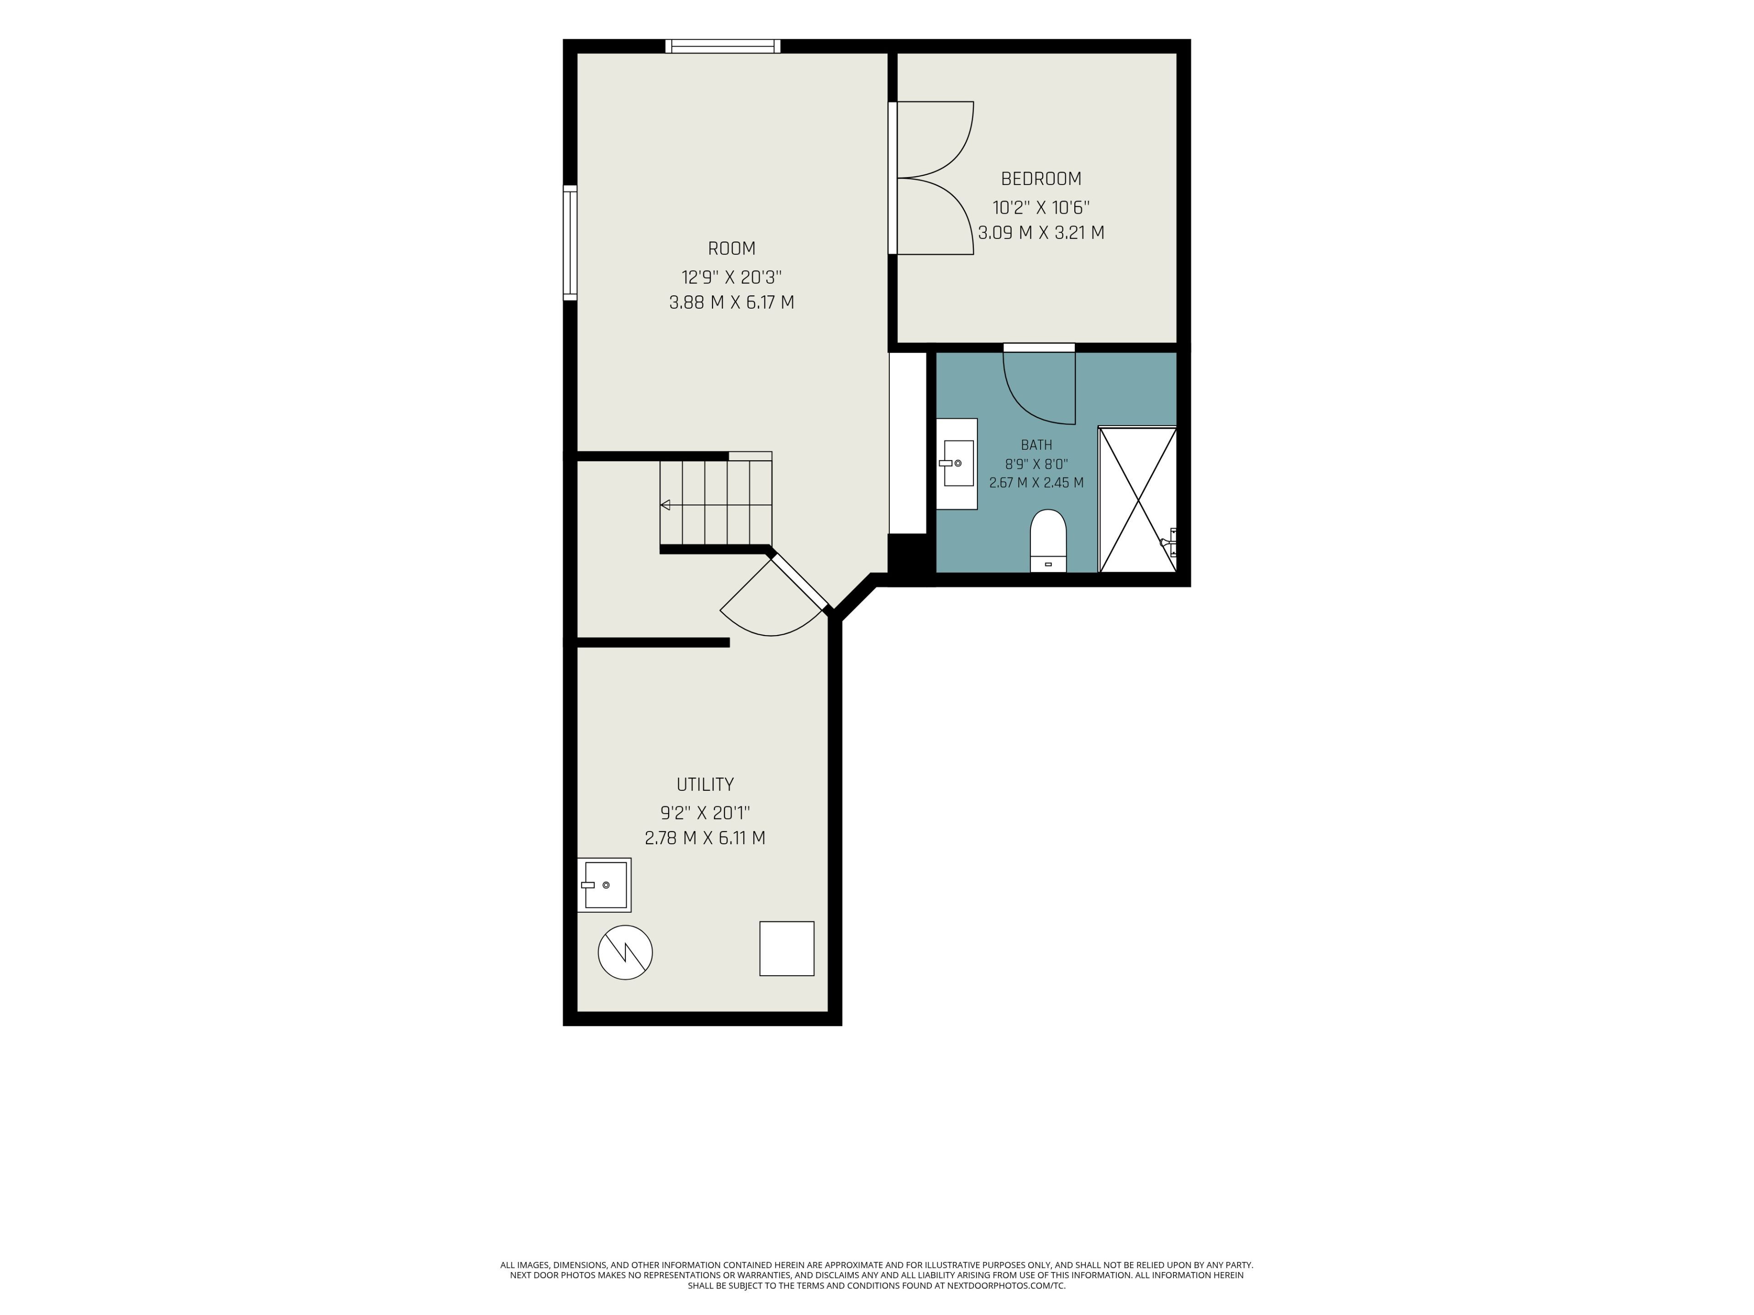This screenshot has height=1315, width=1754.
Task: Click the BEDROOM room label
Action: click(1041, 179)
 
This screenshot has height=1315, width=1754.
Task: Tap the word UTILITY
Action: click(705, 785)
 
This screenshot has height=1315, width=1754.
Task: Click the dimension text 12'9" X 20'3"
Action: click(731, 278)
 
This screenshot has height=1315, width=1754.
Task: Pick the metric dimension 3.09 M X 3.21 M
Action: click(1041, 233)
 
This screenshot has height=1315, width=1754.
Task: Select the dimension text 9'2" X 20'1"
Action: click(705, 813)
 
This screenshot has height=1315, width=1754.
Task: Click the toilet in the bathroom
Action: click(1048, 541)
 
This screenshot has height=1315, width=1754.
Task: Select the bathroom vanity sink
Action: click(957, 464)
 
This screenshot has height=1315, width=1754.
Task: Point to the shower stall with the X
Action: click(1137, 500)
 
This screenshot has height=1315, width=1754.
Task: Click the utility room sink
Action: click(604, 884)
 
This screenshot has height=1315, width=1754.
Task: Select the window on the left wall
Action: click(570, 242)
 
